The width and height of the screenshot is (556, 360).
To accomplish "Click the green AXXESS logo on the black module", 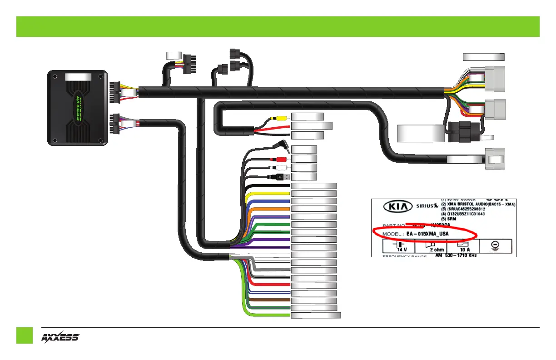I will (78, 109).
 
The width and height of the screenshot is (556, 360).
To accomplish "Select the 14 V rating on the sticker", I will (402, 250).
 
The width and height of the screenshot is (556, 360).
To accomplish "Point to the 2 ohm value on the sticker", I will (437, 250).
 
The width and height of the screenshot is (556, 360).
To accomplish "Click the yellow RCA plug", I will (277, 117).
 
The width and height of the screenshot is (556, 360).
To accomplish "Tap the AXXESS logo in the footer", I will (60, 338).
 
